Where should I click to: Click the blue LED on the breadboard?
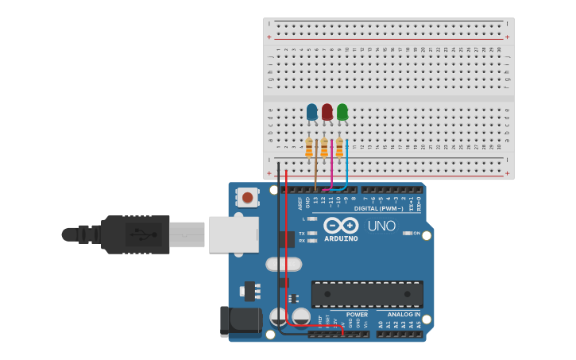pos(311,112)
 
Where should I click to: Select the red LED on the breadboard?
pos(327,112)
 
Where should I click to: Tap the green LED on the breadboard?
pos(342,112)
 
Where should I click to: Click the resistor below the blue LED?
pos(309,148)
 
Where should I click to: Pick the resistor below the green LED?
pos(339,148)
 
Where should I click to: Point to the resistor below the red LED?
pos(324,148)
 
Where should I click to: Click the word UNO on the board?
pos(381,226)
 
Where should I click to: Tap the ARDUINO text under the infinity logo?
pos(341,238)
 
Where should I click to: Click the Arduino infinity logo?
pos(341,225)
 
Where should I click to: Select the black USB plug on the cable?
pos(135,234)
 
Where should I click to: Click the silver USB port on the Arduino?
pos(234,234)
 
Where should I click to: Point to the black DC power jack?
pos(241,321)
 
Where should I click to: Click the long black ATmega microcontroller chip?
pos(367,294)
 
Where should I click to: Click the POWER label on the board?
pos(357,315)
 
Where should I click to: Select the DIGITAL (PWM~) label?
pos(378,208)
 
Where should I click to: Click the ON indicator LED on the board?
pos(408,233)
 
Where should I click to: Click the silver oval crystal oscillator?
pos(284,264)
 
